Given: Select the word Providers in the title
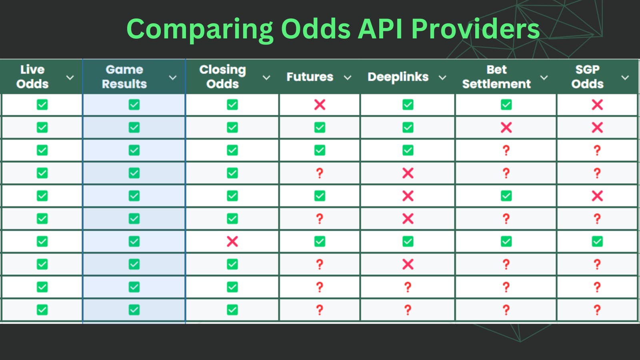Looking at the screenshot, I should point(475,29).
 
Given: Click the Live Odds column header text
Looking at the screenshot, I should point(32,77).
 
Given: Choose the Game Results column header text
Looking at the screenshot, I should point(124,77).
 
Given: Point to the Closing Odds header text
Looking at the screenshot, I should point(222,77).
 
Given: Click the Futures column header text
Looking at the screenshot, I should point(310,77).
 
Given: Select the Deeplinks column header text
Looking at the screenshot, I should point(398,77).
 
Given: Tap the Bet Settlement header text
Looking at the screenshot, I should point(496,77).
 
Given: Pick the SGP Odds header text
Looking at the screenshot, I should point(587,77).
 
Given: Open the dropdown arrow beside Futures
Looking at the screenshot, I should point(348,78).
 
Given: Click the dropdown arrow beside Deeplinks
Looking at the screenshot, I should point(442,78).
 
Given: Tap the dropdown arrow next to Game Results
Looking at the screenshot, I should point(173,78).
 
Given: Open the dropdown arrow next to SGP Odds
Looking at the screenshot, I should point(625,78).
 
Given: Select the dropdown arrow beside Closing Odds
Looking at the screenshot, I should point(266,78).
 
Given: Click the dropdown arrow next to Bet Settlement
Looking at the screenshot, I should point(544,78).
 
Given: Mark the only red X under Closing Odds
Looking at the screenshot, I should point(232,242).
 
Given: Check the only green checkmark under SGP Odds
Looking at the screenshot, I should point(597,242).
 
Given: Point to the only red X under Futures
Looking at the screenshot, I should point(320,105).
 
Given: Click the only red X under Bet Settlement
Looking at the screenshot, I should point(506,128).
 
